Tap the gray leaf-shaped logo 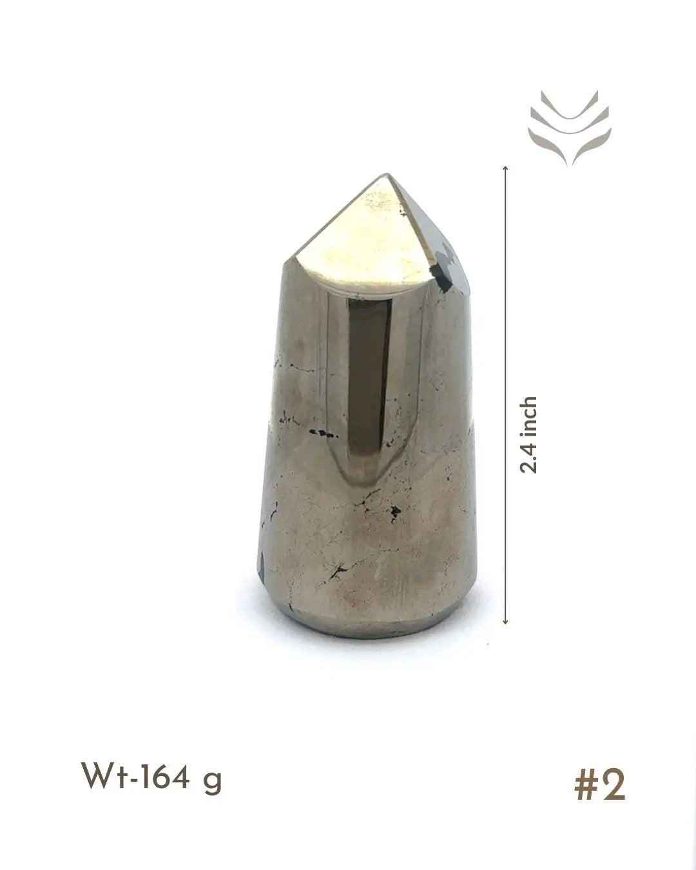pyautogui.click(x=570, y=128)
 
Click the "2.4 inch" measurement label pyautogui.click(x=528, y=434)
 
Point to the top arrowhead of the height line pyautogui.click(x=505, y=169)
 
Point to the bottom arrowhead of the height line pyautogui.click(x=505, y=621)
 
